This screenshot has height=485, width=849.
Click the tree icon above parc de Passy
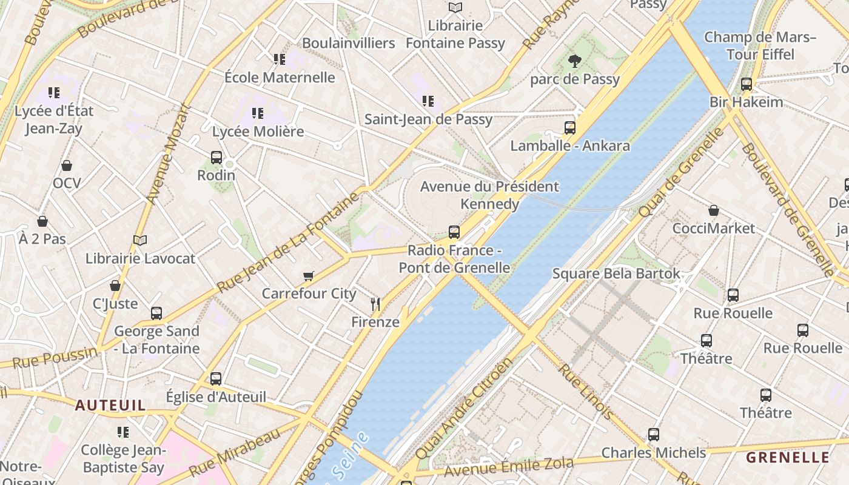pos(574,61)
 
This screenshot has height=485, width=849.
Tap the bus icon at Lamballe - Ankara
pos(569,127)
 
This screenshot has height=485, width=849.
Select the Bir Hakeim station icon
pos(747,84)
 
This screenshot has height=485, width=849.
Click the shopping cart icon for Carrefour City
pos(309,276)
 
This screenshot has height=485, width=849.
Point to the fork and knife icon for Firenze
pos(375,304)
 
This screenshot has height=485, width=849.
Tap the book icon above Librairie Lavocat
pos(140,241)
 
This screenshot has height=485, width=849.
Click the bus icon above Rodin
pos(216,158)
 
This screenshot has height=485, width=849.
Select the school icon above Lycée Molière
pos(258,113)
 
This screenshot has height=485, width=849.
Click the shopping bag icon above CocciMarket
pos(714,210)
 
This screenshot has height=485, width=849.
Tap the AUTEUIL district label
pos(110,406)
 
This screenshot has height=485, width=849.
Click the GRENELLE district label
pos(787,457)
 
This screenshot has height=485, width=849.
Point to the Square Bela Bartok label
pos(616,273)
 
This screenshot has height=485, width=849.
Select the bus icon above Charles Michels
pos(653,435)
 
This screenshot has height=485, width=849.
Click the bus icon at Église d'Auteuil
pos(216,379)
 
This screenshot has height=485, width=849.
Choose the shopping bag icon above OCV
pos(67,166)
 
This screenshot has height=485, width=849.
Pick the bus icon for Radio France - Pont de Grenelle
pos(454,232)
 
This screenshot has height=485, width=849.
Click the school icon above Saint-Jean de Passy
pos(428,101)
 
